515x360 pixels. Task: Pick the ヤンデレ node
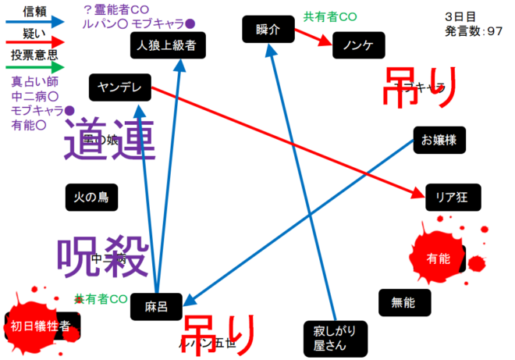tap(119, 87)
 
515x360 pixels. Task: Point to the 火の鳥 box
tap(91, 198)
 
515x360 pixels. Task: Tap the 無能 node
tap(403, 302)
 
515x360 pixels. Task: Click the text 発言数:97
tap(474, 30)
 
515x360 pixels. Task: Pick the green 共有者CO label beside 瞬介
tap(330, 16)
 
